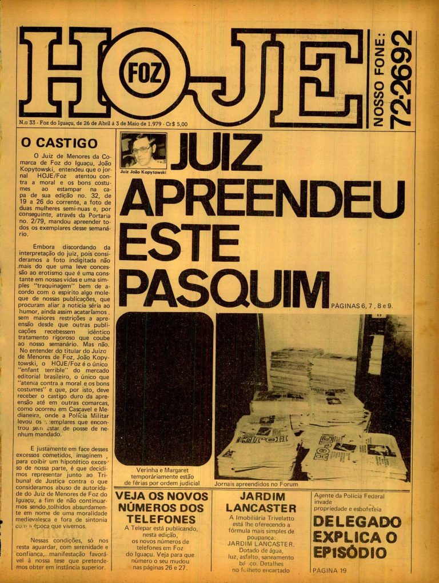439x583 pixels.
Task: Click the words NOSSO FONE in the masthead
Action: (378, 78)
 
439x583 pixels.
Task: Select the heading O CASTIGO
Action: (59, 143)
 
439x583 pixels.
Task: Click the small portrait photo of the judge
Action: (143, 151)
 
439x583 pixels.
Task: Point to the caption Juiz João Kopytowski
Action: (143, 171)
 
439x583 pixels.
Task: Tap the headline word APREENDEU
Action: (262, 199)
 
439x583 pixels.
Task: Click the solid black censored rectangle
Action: (163, 389)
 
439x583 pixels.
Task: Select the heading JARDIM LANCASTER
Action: (261, 502)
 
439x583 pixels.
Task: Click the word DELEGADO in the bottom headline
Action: (357, 522)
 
